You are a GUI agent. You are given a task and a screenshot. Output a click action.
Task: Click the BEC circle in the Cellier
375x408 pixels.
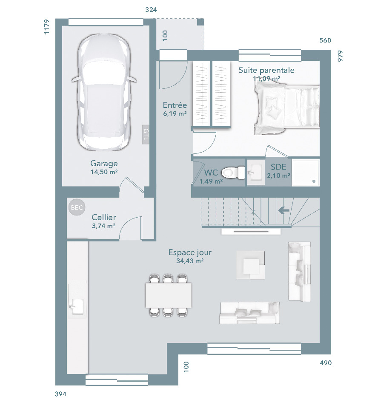click(77, 207)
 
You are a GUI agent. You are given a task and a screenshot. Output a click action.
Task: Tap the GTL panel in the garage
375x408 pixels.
click(146, 134)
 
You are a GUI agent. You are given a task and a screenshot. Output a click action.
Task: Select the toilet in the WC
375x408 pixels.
click(233, 173)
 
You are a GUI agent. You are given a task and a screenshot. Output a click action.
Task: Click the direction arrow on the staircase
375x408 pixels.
click(284, 210)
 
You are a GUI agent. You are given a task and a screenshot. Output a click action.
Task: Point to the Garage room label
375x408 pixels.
click(104, 163)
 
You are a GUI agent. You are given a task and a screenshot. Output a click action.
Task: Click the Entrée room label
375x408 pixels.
click(175, 105)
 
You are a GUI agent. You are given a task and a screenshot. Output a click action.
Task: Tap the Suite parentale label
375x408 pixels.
click(266, 70)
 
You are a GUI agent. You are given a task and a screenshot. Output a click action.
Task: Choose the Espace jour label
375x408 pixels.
click(190, 252)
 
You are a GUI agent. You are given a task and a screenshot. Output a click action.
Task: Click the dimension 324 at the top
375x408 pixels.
click(151, 10)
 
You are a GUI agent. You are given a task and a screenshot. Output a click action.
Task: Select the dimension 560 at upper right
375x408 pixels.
click(325, 40)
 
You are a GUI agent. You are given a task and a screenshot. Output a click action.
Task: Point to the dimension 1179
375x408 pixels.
click(46, 27)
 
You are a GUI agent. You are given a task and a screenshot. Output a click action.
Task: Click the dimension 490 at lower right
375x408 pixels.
click(326, 363)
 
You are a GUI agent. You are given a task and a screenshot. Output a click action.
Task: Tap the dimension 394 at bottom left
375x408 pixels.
click(61, 394)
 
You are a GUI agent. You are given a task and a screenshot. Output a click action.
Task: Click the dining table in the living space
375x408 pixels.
click(169, 295)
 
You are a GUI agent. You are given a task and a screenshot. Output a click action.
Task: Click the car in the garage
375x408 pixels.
click(104, 92)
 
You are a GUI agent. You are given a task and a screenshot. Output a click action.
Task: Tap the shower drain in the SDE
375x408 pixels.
click(314, 181)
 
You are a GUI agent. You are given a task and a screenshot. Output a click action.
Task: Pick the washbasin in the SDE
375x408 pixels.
click(256, 172)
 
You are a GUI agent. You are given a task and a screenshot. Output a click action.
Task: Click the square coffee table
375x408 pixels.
click(250, 265)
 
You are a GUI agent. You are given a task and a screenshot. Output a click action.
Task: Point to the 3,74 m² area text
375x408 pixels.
click(103, 226)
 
